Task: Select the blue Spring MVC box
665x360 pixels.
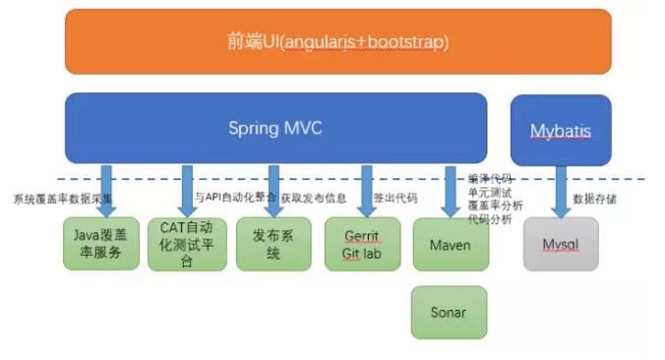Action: coord(275,128)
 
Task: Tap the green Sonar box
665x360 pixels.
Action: coord(449,312)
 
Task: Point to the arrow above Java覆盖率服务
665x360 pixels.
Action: coord(106,190)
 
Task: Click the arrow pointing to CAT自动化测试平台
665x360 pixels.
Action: coord(187,190)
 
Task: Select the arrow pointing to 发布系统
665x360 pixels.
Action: coord(274,190)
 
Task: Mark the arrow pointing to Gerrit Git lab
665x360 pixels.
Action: coord(367,190)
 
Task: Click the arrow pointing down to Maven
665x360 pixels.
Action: coord(454,190)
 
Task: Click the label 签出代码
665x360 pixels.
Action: coord(395,199)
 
